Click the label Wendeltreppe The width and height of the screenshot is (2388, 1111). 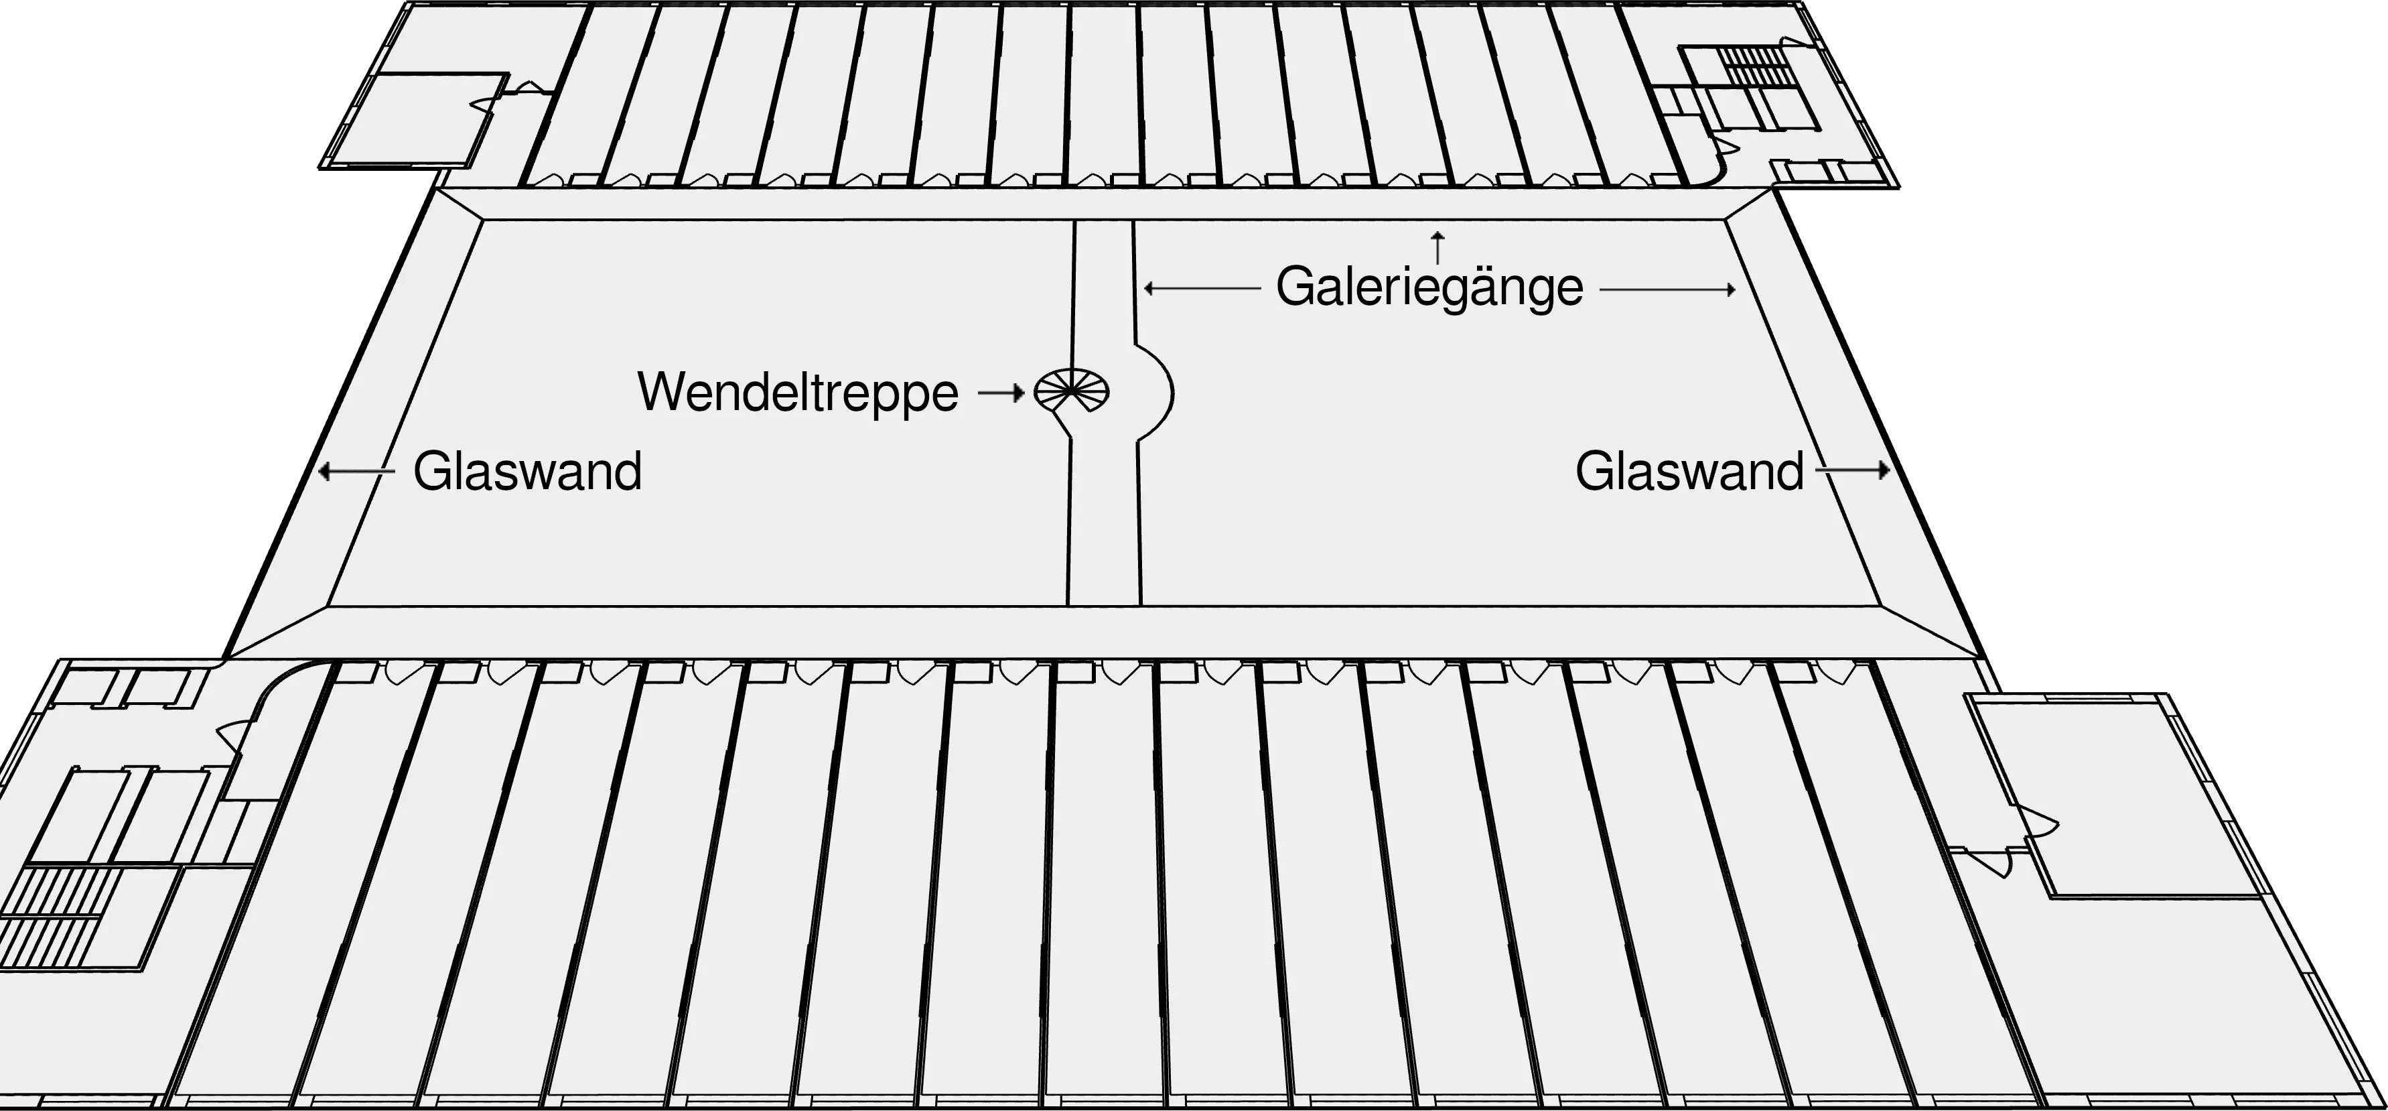coord(797,393)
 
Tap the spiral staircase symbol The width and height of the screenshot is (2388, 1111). coord(1072,391)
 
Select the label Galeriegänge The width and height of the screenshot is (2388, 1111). coord(1429,287)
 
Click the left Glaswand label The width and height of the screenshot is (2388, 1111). coord(526,471)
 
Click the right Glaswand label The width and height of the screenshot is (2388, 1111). coord(1689,471)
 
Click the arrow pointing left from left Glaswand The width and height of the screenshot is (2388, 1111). coord(356,472)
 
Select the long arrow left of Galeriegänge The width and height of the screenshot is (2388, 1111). coord(1202,288)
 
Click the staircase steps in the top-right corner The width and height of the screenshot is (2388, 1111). coord(1752,68)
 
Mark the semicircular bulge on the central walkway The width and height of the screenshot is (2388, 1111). coord(1156,391)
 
